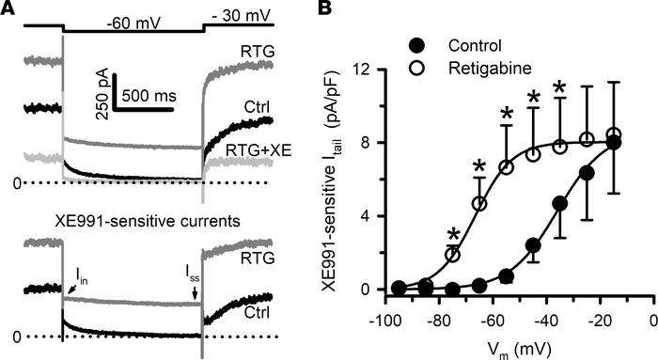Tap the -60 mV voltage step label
(x=131, y=21)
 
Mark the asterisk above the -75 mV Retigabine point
(x=452, y=234)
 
